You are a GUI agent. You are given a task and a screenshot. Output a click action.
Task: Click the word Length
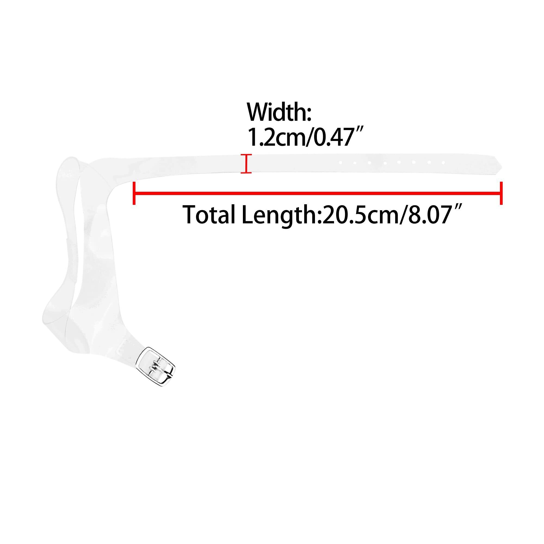pos(280,216)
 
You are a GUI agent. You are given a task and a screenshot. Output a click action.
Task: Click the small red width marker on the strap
pos(246,163)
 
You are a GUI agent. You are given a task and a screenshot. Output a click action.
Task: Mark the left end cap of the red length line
pos(134,193)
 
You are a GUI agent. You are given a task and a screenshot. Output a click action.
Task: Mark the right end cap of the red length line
pos(501,193)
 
